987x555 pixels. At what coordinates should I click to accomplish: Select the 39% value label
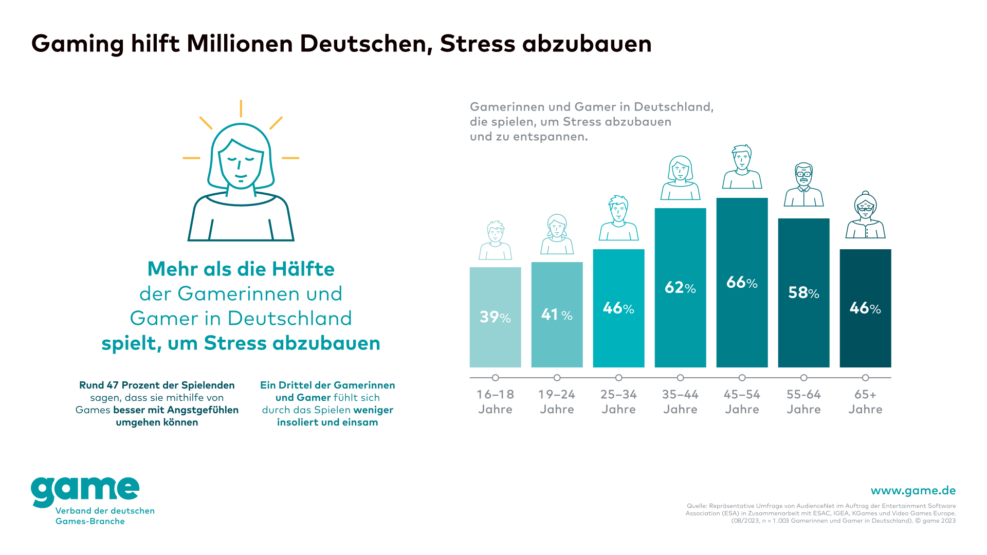coord(495,317)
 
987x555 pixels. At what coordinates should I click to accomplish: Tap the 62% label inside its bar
coord(680,287)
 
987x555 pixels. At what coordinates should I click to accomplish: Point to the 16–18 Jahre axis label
coord(495,402)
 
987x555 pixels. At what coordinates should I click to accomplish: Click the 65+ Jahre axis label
coord(865,402)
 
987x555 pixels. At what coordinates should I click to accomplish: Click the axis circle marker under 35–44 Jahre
coord(680,378)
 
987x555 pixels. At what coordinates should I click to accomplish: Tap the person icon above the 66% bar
coord(742,167)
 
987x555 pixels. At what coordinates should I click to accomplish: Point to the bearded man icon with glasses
coord(803,184)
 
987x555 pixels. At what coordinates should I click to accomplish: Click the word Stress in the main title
coord(478,44)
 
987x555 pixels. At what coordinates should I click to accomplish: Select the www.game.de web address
coord(913,491)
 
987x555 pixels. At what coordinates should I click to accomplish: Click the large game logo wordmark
coord(85,491)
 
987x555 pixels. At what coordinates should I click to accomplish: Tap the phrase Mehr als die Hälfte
coord(241,269)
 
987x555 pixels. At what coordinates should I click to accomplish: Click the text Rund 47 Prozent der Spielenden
coord(157,385)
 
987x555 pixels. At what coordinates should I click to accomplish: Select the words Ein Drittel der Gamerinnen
coord(327,385)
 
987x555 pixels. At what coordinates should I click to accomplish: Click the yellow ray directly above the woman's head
coord(241,108)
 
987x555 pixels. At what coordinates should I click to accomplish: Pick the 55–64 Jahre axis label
coord(803,402)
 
